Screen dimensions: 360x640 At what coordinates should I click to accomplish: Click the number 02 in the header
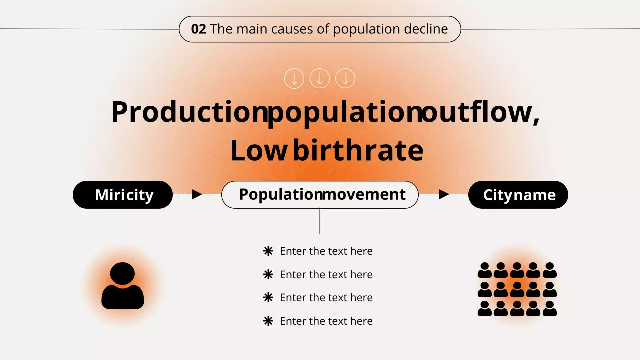pos(198,29)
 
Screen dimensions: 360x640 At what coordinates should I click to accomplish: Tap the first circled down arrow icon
pos(294,79)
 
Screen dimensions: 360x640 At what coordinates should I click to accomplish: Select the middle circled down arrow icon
pos(320,79)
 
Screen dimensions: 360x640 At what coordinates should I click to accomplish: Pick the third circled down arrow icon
pos(345,79)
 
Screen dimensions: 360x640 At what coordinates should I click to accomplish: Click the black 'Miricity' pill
pos(123,195)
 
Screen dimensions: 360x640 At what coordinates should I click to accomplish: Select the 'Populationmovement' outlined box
pos(320,195)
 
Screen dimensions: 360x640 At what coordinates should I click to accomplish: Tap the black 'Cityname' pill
pos(518,195)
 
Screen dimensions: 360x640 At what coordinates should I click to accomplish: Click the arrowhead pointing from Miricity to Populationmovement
pos(197,194)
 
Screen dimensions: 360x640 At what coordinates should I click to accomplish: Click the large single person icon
pos(123,287)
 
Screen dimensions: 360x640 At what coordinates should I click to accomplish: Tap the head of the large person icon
pos(123,273)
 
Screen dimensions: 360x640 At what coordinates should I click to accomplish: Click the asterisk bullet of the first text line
pos(268,251)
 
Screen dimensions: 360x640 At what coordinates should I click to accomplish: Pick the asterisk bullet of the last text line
pos(268,321)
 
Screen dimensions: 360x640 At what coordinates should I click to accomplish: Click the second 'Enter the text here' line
pos(326,274)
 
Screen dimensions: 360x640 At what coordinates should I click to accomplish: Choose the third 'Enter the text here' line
pos(326,297)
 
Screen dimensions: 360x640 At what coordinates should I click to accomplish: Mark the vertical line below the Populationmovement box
pos(320,221)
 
